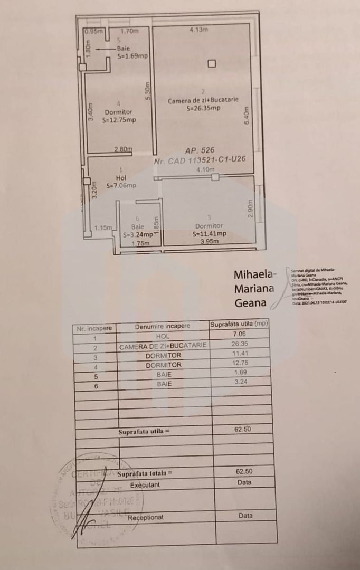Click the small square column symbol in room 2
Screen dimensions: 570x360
coord(212,64)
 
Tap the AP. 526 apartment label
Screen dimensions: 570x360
coord(200,150)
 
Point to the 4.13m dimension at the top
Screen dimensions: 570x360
coord(198,30)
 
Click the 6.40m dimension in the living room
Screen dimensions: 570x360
coord(246,116)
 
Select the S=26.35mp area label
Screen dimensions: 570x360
coord(203,108)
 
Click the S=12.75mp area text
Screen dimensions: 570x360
coord(119,120)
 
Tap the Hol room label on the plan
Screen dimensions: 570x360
coord(121,178)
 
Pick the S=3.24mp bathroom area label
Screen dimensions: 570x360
coord(138,235)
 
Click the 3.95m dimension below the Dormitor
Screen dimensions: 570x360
coord(209,242)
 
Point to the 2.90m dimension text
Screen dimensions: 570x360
coord(251,208)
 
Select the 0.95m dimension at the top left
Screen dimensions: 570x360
coord(93,31)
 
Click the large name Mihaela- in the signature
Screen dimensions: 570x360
coord(255,274)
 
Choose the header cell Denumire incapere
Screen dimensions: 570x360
coord(162,326)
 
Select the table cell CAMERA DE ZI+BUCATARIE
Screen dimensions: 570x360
coord(163,346)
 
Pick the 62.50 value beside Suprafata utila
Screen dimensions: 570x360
coord(243,430)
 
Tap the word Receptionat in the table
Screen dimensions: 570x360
coord(145,518)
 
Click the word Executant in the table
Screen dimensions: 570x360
coord(145,484)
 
